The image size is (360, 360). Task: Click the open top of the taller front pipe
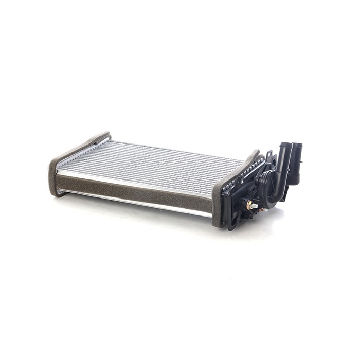coord(286,145)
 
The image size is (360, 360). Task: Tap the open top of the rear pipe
coord(297,146)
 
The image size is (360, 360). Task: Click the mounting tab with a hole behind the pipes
coord(269,154)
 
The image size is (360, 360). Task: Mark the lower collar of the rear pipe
coord(293,177)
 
